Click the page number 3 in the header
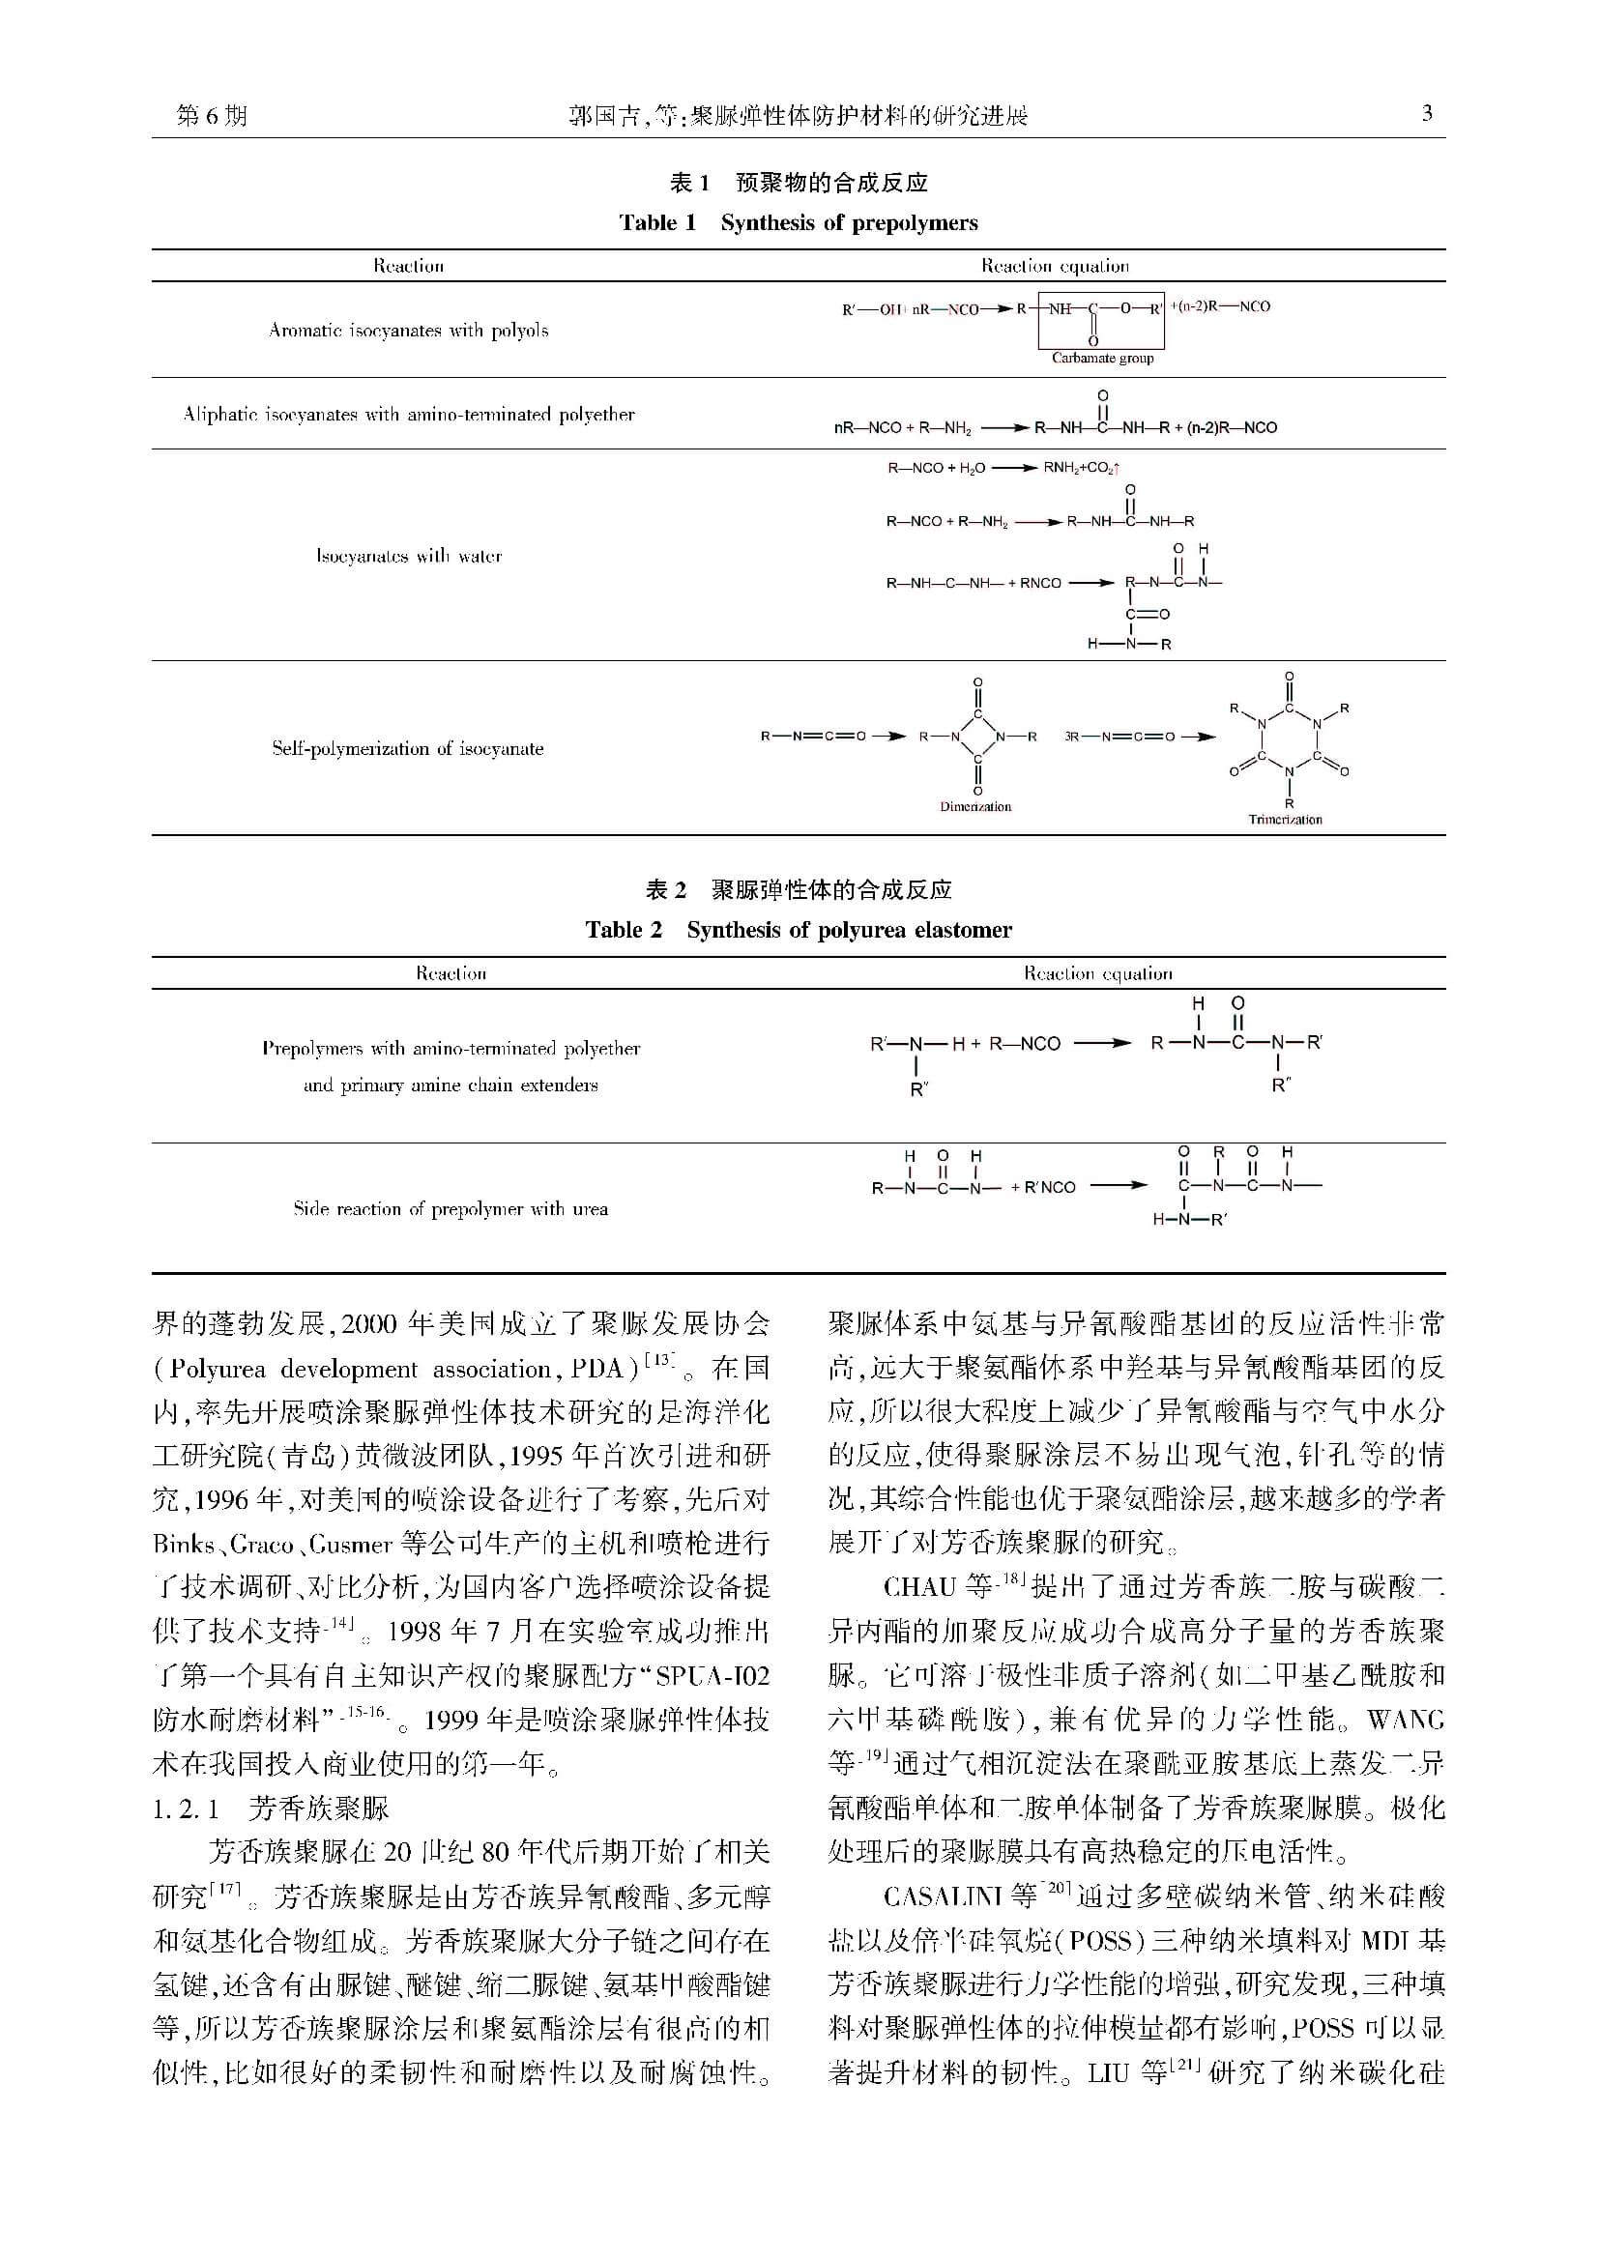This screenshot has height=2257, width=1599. pos(1427,114)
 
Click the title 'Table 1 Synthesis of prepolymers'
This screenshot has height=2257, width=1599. pos(799,222)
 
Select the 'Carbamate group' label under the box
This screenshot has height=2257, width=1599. pos(1102,359)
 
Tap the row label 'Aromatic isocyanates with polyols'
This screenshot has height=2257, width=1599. pos(409,331)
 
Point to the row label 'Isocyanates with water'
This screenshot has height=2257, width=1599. pos(409,556)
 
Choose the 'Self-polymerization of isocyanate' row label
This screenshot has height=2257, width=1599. pos(408,748)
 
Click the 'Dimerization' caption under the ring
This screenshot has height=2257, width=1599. pos(974,807)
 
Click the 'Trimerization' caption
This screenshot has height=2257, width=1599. pos(1285,820)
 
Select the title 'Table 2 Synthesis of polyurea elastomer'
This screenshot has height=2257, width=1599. pos(799,930)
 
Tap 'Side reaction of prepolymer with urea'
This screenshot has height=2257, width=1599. pos(450,1208)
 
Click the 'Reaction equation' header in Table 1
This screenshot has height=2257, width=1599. pos(1055,266)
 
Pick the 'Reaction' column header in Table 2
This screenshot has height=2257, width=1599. pos(450,973)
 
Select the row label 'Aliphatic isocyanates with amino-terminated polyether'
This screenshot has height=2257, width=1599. pos(409,415)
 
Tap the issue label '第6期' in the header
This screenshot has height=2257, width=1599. pos(212,116)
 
